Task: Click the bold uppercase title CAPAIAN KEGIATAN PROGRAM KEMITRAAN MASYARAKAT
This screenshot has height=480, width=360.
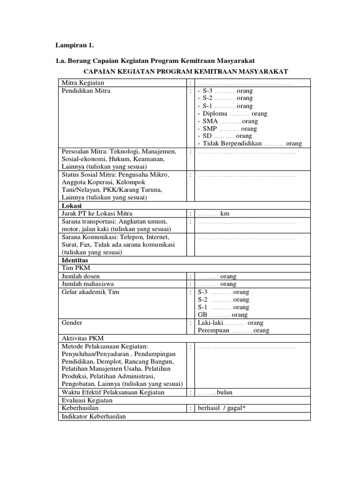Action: (185, 71)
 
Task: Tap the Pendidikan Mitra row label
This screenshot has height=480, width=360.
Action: (86, 90)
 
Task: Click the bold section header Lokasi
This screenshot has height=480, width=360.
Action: (72, 206)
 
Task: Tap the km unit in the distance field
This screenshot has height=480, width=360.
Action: (225, 214)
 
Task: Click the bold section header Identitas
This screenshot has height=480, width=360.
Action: (75, 260)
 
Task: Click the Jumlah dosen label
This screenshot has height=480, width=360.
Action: (81, 276)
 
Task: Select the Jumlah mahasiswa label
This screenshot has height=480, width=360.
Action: (88, 284)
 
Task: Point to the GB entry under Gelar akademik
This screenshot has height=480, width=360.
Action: (202, 315)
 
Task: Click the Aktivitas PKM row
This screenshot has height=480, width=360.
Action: (83, 338)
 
